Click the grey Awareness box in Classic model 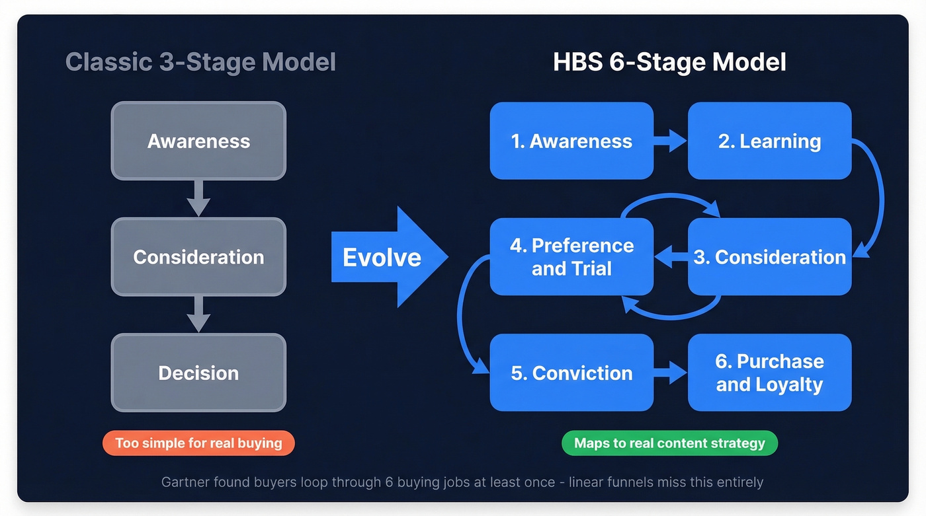[198, 141]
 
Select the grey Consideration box [198, 256]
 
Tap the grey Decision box [198, 373]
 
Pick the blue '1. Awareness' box [571, 141]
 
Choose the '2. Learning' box [769, 141]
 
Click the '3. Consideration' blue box [769, 256]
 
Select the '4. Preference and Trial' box [571, 256]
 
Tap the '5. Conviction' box [571, 373]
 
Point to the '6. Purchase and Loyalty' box [769, 373]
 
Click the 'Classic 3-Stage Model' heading [200, 62]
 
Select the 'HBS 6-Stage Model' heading [669, 62]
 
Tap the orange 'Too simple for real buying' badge [198, 443]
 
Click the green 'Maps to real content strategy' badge [669, 443]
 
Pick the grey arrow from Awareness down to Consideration [198, 198]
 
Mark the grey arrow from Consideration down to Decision [198, 314]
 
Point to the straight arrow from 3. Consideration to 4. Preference [671, 256]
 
